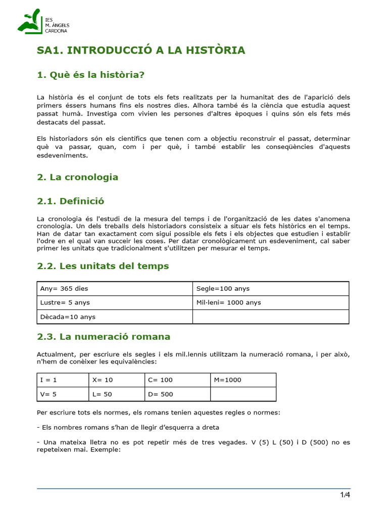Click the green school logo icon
(x=30, y=22)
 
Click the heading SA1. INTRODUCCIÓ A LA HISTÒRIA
(x=141, y=50)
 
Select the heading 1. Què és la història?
(x=91, y=75)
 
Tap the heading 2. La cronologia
(x=78, y=177)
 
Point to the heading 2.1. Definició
(x=71, y=201)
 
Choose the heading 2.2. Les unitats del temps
(x=103, y=266)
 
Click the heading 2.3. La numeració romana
(x=104, y=336)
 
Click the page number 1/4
(x=345, y=494)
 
